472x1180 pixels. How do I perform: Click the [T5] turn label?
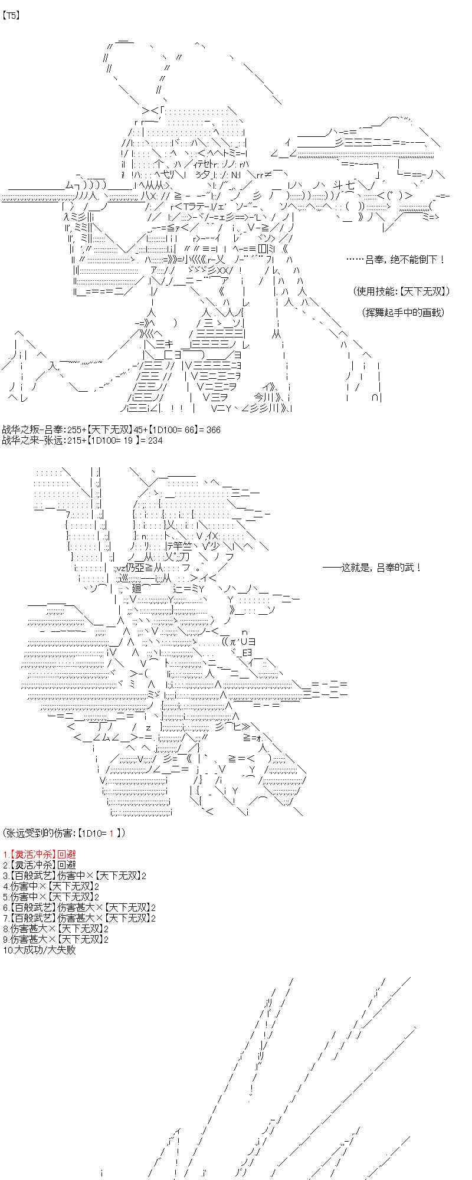tap(11, 16)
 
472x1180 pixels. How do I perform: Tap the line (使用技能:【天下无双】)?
tap(402, 291)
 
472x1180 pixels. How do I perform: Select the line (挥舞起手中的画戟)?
tap(403, 312)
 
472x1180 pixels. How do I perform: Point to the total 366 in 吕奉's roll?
tap(212, 430)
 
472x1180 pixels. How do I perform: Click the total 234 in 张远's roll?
tap(154, 440)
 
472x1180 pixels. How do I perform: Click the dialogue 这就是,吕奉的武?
tap(373, 568)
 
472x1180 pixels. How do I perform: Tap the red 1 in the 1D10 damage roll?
tap(110, 833)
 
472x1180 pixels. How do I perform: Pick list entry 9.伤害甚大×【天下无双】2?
tap(55, 939)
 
